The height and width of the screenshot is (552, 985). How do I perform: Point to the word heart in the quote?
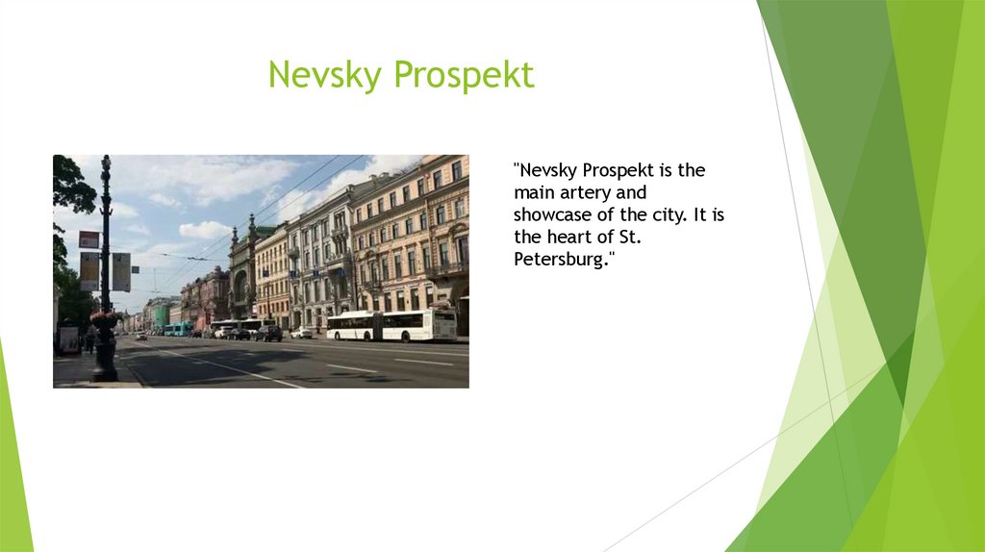point(571,237)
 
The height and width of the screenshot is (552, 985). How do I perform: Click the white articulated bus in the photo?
point(391,325)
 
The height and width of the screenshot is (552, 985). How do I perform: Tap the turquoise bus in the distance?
point(178,329)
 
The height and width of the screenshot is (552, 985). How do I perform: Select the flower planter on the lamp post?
point(104,318)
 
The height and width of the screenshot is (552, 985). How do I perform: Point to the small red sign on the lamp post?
point(88,239)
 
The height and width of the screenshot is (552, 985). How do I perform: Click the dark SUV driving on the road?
point(268,333)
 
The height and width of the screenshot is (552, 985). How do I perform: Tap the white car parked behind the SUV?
point(302,332)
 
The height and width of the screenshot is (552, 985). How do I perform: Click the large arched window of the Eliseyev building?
point(240,286)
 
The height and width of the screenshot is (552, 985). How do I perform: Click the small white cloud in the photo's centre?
point(204,230)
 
